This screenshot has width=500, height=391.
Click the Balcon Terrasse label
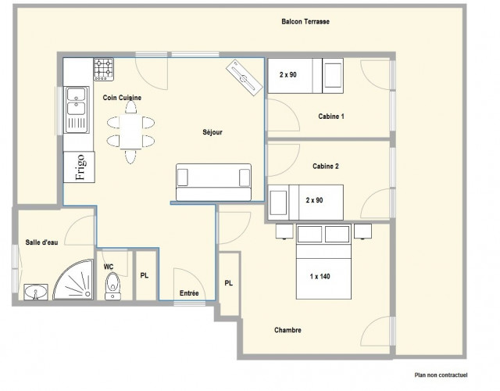tap(305, 22)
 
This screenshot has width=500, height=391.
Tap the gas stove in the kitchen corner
tap(104, 69)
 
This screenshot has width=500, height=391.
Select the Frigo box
tap(79, 167)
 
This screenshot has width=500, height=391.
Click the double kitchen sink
tap(77, 109)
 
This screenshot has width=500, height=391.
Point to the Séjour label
tap(212, 132)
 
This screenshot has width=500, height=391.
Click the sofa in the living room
tap(213, 182)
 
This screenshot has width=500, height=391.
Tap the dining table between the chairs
tap(130, 132)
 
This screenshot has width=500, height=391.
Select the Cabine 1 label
tap(331, 117)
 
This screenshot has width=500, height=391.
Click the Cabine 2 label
tap(326, 167)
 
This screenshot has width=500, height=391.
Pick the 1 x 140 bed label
tap(320, 276)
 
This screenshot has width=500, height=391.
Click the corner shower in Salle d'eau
tap(73, 280)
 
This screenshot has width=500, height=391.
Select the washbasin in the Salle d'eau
tap(36, 292)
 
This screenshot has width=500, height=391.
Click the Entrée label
tap(189, 293)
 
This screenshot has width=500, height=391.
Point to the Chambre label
tap(287, 330)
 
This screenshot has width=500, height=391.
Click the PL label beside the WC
tap(145, 275)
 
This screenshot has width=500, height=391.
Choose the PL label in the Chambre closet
tap(229, 283)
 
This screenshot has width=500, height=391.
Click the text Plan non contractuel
tap(441, 375)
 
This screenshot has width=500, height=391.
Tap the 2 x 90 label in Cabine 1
tap(288, 75)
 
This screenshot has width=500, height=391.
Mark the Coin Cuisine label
tap(122, 98)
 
